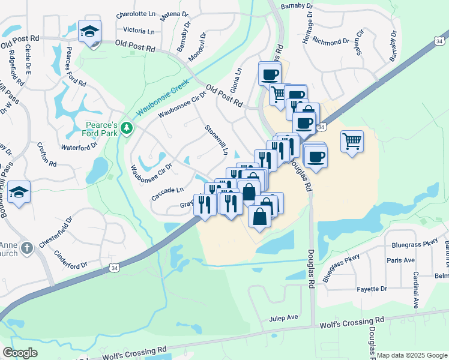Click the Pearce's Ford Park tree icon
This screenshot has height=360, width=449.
[126, 127]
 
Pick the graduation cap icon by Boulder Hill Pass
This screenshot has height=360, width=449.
[19, 192]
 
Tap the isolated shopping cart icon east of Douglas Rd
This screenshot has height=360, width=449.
[352, 142]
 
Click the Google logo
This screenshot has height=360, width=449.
[20, 353]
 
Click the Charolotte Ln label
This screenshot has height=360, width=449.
[135, 14]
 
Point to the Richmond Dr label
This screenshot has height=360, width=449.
[331, 42]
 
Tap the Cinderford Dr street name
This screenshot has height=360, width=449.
[71, 260]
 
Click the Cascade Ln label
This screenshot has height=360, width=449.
[167, 193]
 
